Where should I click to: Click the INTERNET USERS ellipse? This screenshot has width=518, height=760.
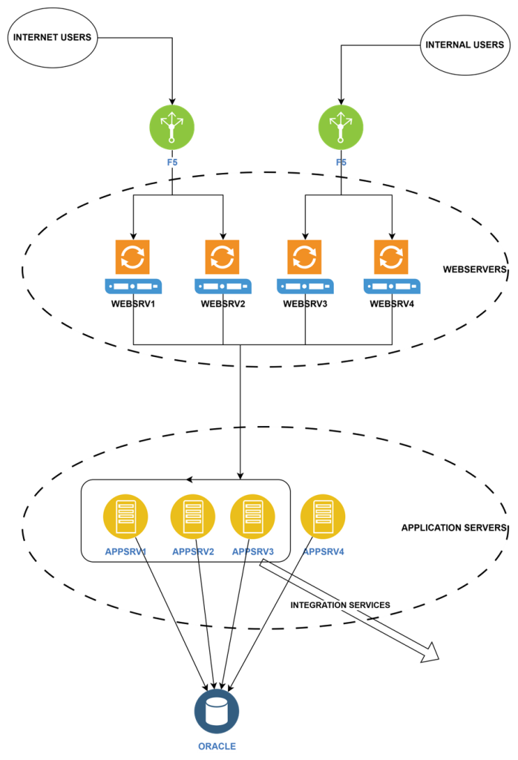click(53, 37)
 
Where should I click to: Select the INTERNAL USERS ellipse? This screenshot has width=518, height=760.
click(465, 45)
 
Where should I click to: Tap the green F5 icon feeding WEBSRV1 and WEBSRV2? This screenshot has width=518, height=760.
click(172, 127)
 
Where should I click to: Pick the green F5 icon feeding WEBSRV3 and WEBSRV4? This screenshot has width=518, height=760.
click(341, 127)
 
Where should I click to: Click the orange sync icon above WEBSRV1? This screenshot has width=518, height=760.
click(133, 257)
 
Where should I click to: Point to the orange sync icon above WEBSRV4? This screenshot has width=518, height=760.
click(391, 257)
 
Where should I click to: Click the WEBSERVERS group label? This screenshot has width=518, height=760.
click(474, 269)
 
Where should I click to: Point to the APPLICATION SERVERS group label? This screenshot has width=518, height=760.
click(453, 528)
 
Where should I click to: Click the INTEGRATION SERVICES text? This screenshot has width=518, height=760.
click(340, 605)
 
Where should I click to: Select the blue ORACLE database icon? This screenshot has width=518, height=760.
click(217, 711)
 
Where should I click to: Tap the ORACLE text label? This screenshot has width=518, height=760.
click(217, 746)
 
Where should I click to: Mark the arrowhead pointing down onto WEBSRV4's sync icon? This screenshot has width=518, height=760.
click(392, 235)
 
